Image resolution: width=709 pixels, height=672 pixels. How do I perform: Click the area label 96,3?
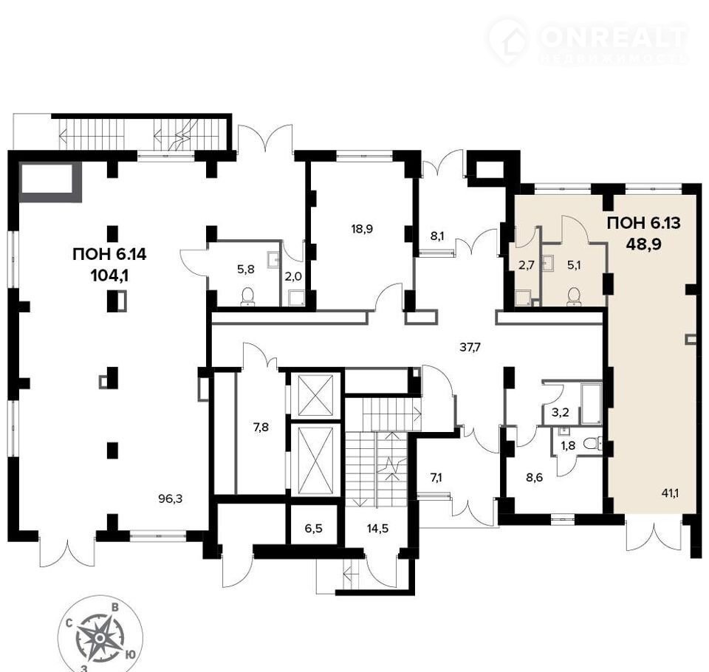point(171,498)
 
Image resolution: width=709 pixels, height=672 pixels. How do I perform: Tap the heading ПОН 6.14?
point(109,254)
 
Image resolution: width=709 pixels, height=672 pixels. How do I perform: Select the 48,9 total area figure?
point(643,244)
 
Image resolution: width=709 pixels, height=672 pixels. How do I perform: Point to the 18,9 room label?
point(362,229)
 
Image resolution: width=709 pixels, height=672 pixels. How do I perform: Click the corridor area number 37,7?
point(470,347)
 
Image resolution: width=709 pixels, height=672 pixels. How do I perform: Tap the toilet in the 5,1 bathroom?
point(574,296)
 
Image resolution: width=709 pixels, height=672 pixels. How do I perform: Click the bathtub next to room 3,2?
point(591,403)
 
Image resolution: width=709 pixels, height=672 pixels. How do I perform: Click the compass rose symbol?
point(100,637)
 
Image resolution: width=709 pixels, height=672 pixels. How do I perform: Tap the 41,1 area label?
point(670,493)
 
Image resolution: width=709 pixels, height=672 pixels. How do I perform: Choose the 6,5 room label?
point(313,528)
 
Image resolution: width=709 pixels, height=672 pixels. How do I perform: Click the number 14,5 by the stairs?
point(377,528)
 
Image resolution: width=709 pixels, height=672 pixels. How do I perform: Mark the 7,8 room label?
point(261,427)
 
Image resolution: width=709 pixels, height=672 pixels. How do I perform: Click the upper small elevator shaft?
point(316,395)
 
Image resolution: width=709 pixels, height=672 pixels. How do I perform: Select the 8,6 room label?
point(535,478)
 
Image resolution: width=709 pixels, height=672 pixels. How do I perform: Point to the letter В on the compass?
point(115,607)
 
